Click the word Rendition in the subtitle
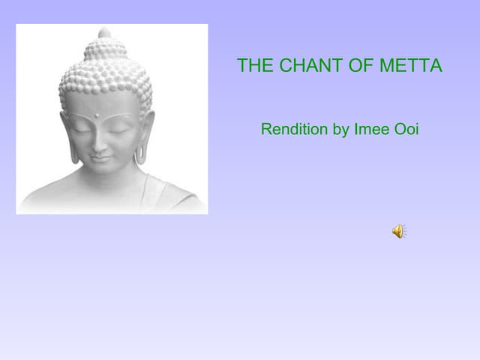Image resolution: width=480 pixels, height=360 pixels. click(294, 129)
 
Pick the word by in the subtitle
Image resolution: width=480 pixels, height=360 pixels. click(340, 130)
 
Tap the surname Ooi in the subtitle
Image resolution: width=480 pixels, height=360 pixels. click(406, 129)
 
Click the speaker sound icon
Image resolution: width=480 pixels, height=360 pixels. click(398, 231)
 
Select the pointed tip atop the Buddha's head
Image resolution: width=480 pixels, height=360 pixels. click(104, 32)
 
